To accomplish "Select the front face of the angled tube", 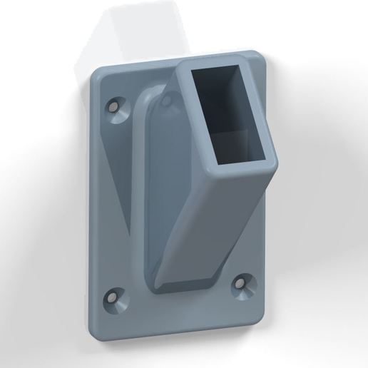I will (214, 228).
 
